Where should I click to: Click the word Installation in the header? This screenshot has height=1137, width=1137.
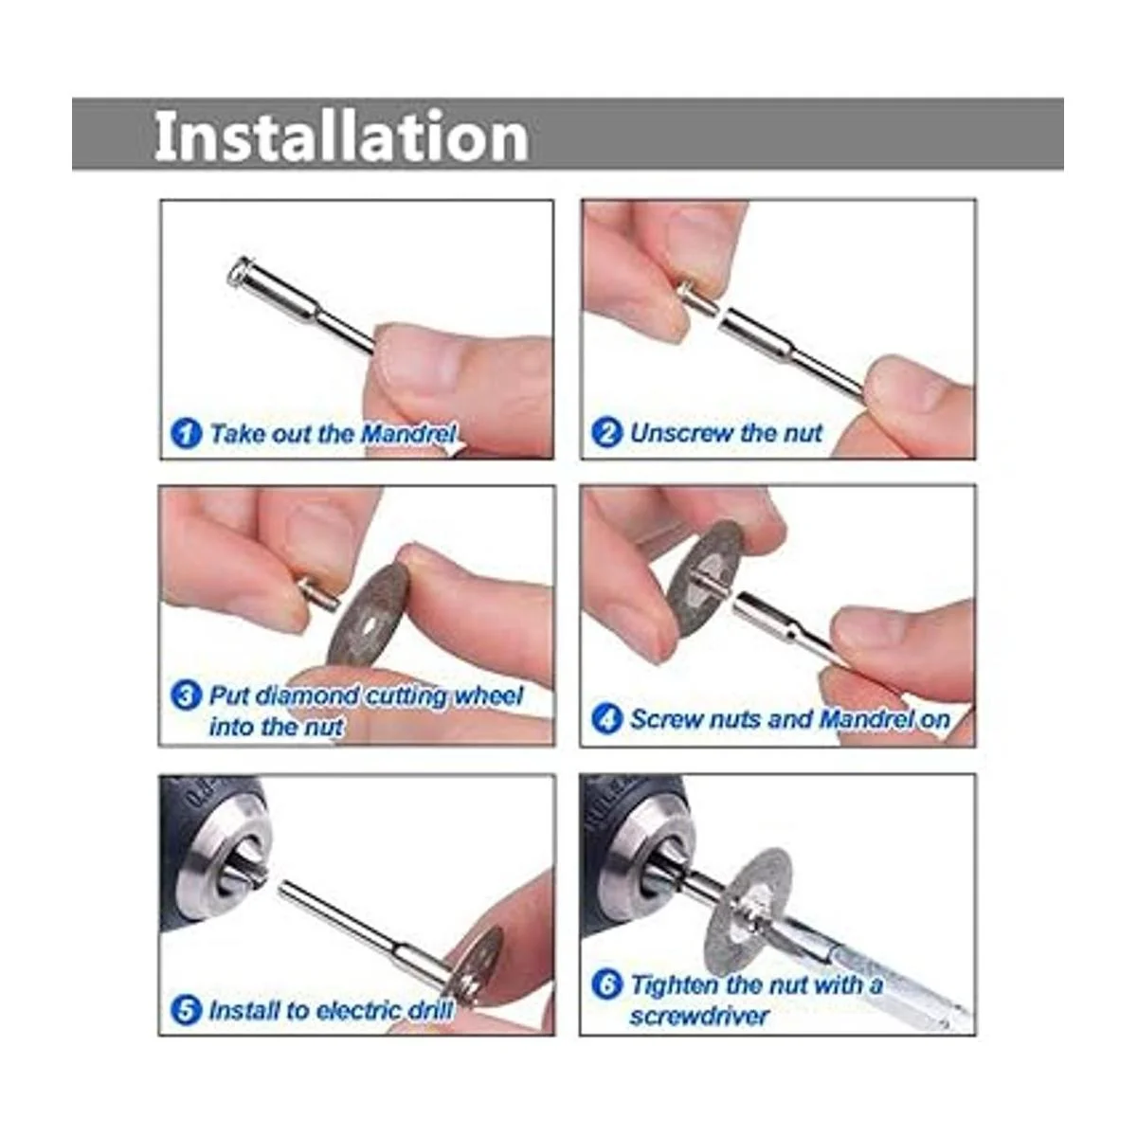pyautogui.click(x=341, y=135)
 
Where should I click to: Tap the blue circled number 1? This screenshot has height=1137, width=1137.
pyautogui.click(x=186, y=434)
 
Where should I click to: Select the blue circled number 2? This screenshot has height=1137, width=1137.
pyautogui.click(x=606, y=432)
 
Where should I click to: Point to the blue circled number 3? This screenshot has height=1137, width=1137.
pyautogui.click(x=186, y=696)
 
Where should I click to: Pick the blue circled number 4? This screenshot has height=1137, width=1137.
pyautogui.click(x=606, y=718)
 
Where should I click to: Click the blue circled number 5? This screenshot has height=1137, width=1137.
pyautogui.click(x=186, y=1010)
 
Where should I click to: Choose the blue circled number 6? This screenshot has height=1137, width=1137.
pyautogui.click(x=606, y=984)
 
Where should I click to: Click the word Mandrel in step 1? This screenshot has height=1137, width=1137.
pyautogui.click(x=407, y=434)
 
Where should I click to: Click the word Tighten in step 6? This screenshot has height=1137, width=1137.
pyautogui.click(x=675, y=984)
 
